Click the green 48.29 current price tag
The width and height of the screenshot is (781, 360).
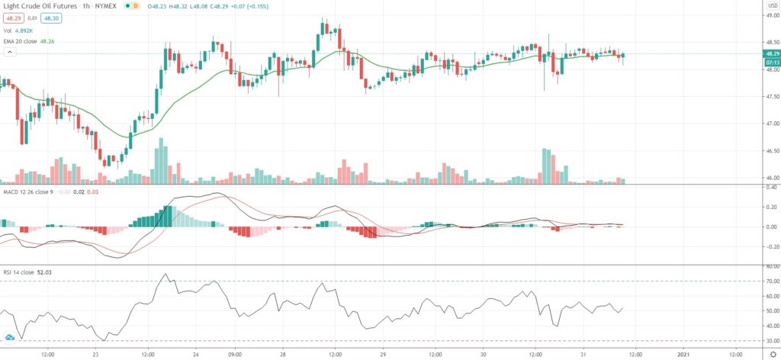pyautogui.click(x=772, y=53)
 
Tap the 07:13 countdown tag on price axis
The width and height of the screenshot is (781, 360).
pyautogui.click(x=772, y=62)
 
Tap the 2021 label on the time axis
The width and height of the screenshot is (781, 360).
pyautogui.click(x=683, y=354)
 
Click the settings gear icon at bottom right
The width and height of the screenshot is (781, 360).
pyautogui.click(x=773, y=354)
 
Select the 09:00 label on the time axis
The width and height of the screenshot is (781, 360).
pyautogui.click(x=234, y=354)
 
